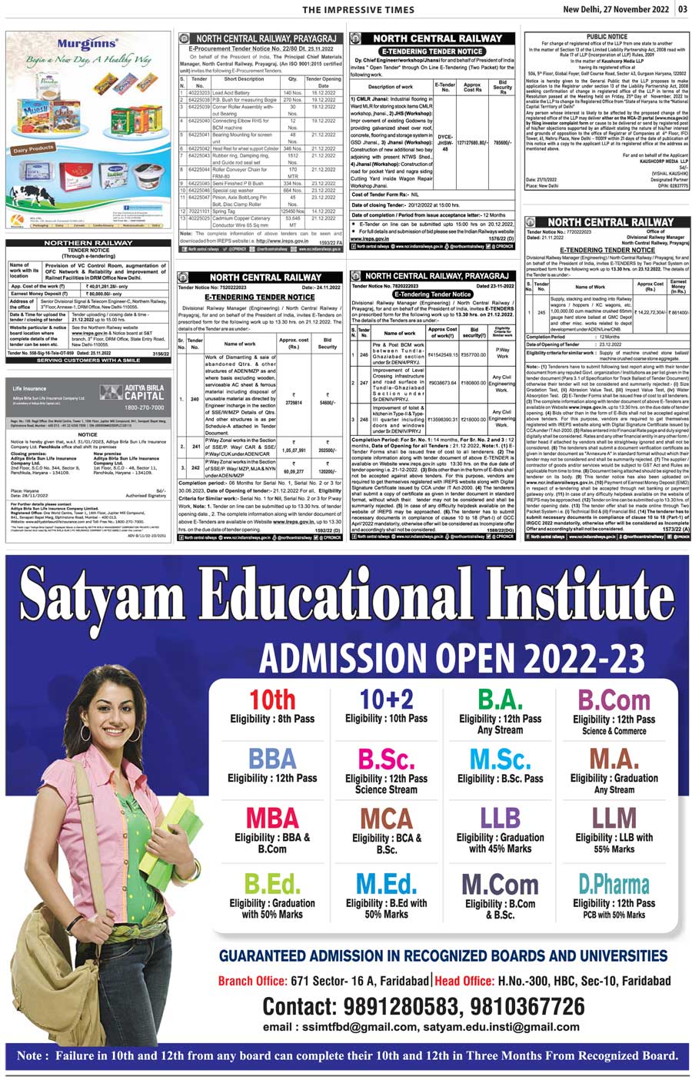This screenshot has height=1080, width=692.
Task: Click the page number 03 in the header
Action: click(683, 9)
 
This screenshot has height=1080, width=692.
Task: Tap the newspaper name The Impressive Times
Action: click(354, 9)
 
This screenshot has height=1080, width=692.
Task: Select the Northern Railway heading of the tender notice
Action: click(88, 243)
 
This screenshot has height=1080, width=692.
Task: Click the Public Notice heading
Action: click(607, 37)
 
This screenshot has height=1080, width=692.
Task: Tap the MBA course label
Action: click(272, 817)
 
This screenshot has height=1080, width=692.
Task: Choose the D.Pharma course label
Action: click(614, 884)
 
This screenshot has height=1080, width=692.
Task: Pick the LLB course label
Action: click(500, 817)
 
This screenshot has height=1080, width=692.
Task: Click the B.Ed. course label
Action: click(272, 884)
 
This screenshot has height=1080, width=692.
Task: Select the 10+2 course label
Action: click(386, 700)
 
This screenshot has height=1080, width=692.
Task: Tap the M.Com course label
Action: click(500, 884)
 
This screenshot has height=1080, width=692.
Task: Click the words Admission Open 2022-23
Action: click(451, 657)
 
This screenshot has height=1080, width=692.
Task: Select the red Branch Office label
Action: click(253, 981)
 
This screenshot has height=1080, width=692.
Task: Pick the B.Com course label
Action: click(614, 700)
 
